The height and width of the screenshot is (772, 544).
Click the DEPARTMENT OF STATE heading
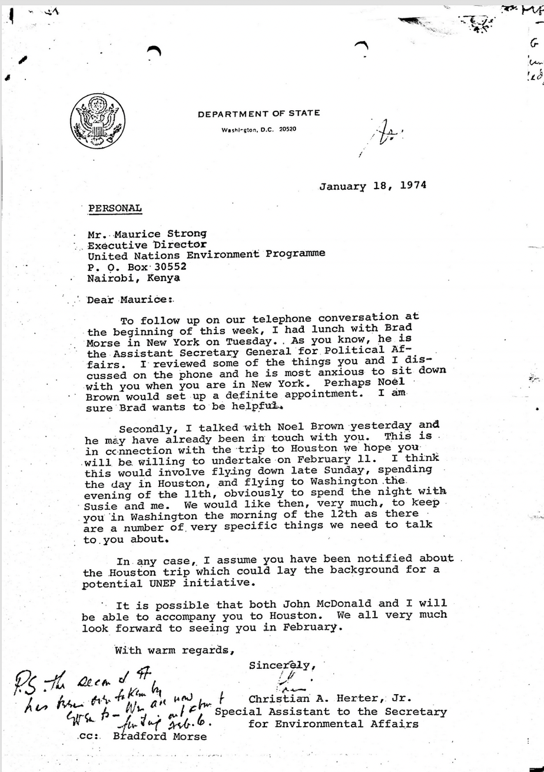(259, 113)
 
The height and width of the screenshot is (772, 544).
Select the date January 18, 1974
(373, 186)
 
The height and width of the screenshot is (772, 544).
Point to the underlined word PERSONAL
(115, 208)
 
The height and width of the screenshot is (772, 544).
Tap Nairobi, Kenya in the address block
(134, 278)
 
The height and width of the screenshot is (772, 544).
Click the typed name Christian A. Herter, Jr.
(329, 700)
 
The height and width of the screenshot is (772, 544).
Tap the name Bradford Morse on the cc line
(160, 736)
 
